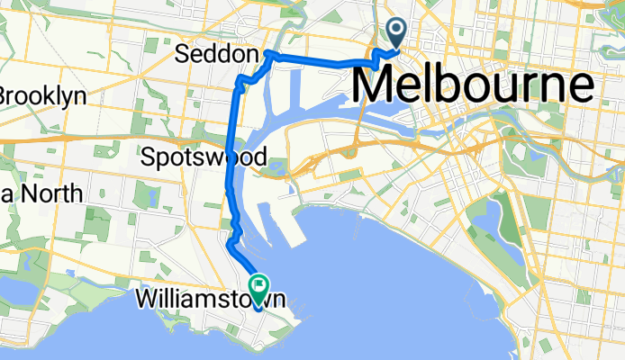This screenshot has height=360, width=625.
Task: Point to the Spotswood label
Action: [204, 158]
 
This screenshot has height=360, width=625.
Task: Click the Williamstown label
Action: [213, 298]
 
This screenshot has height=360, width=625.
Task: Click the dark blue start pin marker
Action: [396, 33]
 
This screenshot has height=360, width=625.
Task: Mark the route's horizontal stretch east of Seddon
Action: [315, 61]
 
